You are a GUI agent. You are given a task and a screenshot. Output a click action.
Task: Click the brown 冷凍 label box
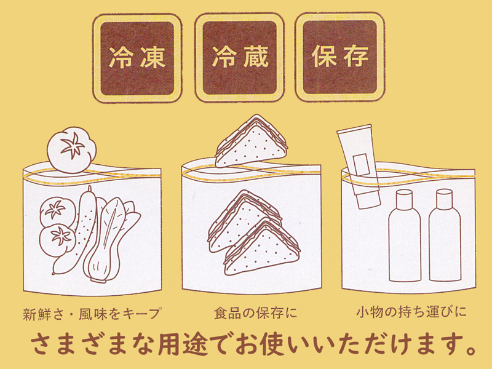tap(137, 57)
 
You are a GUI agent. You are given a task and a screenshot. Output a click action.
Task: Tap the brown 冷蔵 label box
tap(240, 57)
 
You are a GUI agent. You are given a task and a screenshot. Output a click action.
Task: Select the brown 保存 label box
tap(339, 57)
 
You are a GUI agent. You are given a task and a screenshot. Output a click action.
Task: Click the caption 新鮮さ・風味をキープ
tap(92, 312)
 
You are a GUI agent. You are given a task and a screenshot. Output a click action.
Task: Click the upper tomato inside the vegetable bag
tap(55, 210)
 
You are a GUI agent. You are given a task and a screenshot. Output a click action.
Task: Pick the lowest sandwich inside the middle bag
tap(261, 247)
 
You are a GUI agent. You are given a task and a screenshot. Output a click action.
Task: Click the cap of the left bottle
tap(405, 197)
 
